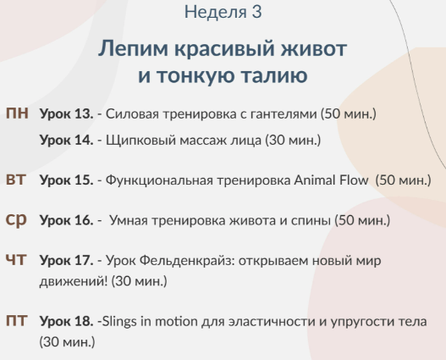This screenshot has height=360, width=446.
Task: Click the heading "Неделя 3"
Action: [223, 12]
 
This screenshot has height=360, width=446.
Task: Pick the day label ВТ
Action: [16, 180]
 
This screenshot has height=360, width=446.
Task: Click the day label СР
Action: [16, 219]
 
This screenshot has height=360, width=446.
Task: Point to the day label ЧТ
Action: [16, 260]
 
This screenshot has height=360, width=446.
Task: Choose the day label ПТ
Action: [16, 322]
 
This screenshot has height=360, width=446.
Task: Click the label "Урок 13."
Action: [66, 114]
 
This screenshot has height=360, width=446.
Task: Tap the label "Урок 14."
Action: [66, 140]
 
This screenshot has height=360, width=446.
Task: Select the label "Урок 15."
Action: [66, 180]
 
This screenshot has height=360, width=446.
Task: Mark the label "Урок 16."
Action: [66, 220]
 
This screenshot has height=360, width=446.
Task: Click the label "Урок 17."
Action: [66, 261]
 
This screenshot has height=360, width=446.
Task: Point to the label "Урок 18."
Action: [66, 323]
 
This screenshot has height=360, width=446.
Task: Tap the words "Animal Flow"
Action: [332, 180]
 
